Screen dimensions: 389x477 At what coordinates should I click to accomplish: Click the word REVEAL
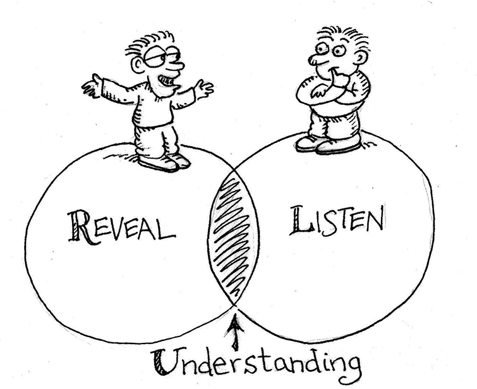tap(120, 226)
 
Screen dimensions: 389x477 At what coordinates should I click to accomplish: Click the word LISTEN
tap(336, 222)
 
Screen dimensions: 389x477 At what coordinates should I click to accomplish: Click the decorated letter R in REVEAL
tap(76, 225)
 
